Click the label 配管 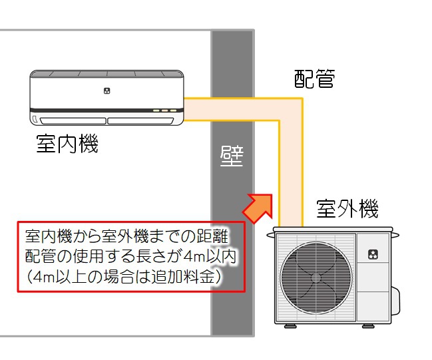pos(314,79)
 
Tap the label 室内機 pos(67,144)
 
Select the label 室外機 pos(347,208)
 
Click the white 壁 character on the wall pos(232,157)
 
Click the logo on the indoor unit pos(107,89)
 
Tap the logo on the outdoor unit pos(373,254)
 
